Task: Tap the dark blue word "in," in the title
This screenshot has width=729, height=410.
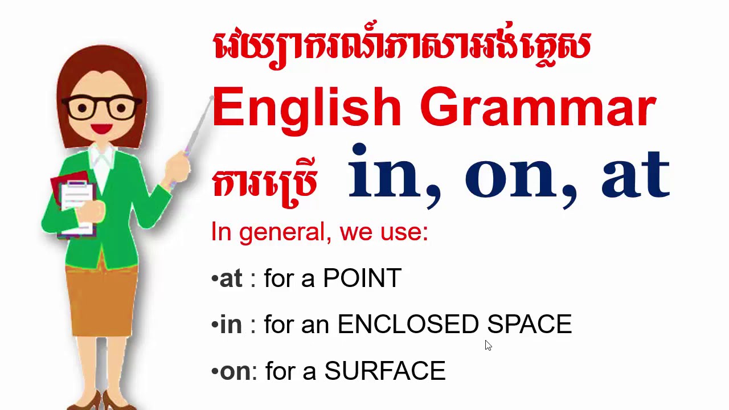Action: pyautogui.click(x=393, y=174)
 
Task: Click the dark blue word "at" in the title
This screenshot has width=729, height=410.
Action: pyautogui.click(x=635, y=174)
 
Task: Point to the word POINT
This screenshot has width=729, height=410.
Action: pyautogui.click(x=362, y=278)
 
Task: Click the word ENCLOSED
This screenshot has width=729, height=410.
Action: pyautogui.click(x=408, y=325)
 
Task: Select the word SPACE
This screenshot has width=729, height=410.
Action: pyautogui.click(x=529, y=325)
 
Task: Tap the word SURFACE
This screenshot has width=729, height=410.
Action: pyautogui.click(x=385, y=371)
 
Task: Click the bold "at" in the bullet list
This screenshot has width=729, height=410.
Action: pyautogui.click(x=231, y=279)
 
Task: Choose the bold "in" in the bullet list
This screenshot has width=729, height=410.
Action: pyautogui.click(x=231, y=325)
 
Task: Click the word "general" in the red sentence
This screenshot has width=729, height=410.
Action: pyautogui.click(x=285, y=233)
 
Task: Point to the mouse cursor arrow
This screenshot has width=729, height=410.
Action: pyautogui.click(x=488, y=345)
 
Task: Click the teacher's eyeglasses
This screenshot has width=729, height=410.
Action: pyautogui.click(x=102, y=108)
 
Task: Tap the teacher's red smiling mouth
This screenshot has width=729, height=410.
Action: pyautogui.click(x=102, y=128)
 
